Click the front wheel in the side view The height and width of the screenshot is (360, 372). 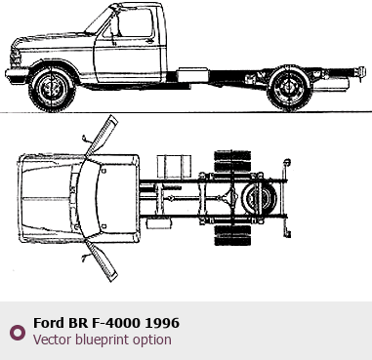(x=52, y=89)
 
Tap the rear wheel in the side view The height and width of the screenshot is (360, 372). (x=289, y=88)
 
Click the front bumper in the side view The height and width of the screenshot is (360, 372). (x=17, y=76)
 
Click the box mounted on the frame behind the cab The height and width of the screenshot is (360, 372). (x=192, y=75)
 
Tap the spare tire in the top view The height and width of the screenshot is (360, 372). (x=260, y=197)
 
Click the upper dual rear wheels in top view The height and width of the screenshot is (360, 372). (x=232, y=161)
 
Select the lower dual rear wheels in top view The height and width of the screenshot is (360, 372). (x=232, y=235)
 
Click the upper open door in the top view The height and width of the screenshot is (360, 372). (x=103, y=136)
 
